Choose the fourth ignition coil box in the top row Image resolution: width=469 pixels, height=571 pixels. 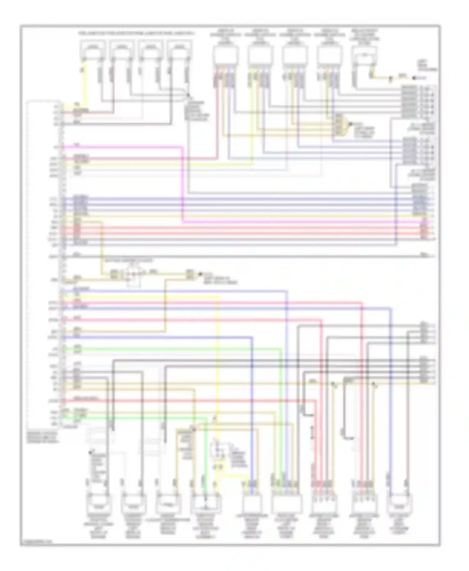tap(329, 56)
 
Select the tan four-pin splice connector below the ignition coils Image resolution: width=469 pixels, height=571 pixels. tap(340, 125)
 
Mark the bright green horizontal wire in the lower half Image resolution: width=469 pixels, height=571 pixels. tap(172, 349)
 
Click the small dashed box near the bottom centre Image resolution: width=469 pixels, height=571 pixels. tap(219, 450)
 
